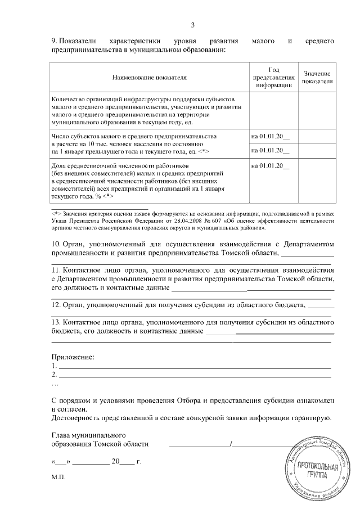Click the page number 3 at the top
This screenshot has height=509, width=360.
pos(193,25)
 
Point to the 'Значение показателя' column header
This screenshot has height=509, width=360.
pos(317,77)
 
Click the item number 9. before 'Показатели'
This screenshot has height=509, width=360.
pos(55,41)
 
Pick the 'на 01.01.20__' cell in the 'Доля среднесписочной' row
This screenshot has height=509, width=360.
pos(270,165)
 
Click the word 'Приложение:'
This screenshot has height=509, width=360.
pos(73,357)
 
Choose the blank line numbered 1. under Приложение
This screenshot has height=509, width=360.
pos(194,367)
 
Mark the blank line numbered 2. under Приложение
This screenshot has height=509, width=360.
pos(194,375)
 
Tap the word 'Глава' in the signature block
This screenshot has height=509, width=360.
pos(61,435)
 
